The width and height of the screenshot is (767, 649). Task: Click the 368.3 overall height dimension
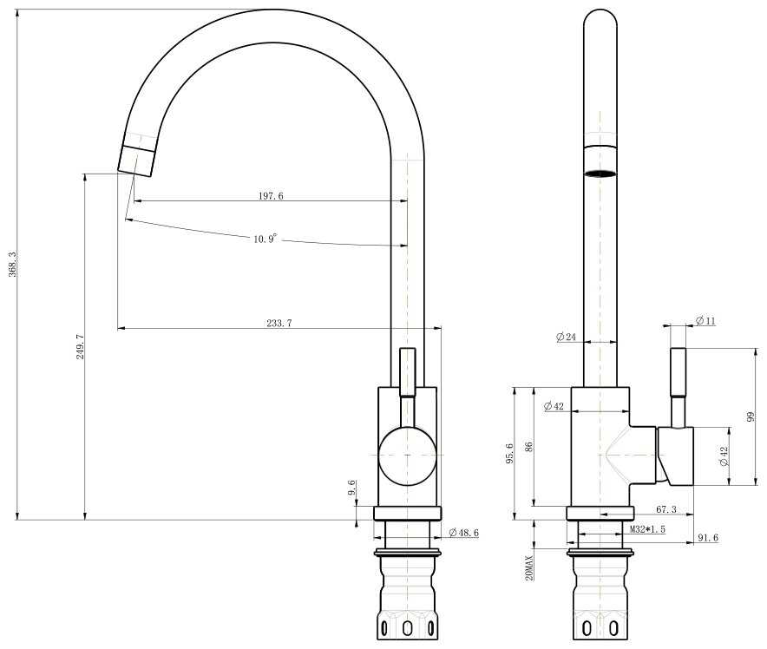pyautogui.click(x=13, y=265)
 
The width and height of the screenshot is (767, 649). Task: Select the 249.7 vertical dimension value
pyautogui.click(x=80, y=347)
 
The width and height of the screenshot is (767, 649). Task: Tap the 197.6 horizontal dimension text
pyautogui.click(x=271, y=196)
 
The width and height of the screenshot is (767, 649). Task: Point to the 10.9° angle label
pyautogui.click(x=265, y=239)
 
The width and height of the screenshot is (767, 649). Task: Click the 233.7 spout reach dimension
pyautogui.click(x=279, y=324)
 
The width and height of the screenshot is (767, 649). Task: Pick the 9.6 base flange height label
pyautogui.click(x=351, y=488)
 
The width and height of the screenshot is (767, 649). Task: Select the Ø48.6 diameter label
pyautogui.click(x=463, y=533)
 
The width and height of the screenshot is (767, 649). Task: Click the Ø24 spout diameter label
pyautogui.click(x=566, y=337)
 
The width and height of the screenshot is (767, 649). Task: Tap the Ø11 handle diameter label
pyautogui.click(x=705, y=321)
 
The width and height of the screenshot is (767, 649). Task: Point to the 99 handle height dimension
pyautogui.click(x=751, y=416)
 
